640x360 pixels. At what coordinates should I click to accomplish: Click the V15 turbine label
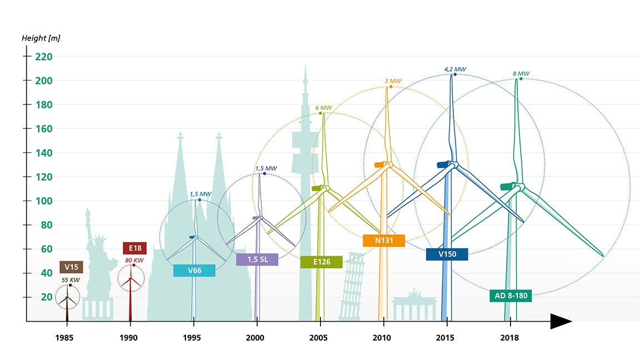71,267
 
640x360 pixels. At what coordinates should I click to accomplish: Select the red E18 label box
134,248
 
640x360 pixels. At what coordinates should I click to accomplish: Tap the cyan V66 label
194,271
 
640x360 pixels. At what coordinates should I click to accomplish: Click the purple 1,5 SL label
257,259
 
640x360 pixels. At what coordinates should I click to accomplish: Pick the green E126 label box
321,262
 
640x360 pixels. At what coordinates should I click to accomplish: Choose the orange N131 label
384,241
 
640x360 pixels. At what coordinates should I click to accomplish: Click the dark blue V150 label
447,254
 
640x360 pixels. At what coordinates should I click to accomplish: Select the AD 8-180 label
511,296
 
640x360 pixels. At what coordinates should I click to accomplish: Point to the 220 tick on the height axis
43,56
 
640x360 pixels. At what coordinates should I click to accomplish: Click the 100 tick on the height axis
43,201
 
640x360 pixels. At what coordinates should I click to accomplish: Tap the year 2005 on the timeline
318,338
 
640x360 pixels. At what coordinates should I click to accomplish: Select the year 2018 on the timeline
509,338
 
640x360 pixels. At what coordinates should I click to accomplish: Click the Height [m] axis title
41,38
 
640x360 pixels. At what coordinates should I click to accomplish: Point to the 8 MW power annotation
521,73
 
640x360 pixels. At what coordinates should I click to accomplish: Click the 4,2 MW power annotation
453,69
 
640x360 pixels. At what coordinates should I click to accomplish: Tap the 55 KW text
71,280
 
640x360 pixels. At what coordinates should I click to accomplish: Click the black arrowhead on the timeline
561,321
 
